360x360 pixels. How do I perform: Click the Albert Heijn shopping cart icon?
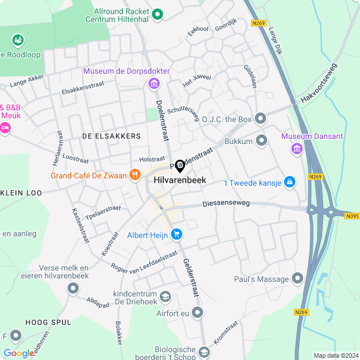177,233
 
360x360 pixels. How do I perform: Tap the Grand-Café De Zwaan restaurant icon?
134,175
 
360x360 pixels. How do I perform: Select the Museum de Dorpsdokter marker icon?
153,84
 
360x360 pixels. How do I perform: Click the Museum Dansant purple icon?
296,148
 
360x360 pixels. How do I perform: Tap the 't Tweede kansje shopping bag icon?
289,182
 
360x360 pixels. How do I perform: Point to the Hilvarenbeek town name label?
179,181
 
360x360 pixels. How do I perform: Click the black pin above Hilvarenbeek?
180,166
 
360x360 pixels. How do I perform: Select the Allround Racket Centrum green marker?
158,13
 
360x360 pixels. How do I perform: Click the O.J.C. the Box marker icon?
260,119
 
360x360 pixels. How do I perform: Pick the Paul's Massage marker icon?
298,278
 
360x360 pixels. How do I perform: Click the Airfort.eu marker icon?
197,312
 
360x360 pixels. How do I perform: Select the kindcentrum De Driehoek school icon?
165,296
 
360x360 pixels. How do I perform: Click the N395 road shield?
351,215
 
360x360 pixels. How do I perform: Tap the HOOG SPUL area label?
48,322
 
